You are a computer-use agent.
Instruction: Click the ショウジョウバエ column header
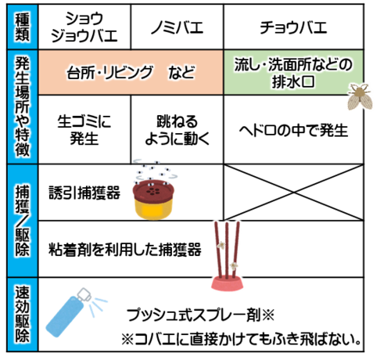tap(84, 27)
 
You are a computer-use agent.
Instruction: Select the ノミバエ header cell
tap(177, 27)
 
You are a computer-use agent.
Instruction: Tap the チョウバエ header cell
tap(293, 27)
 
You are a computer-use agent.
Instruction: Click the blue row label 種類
tap(23, 27)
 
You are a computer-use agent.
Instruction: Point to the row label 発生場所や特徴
tap(23, 107)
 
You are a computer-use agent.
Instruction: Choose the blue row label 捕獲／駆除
tap(23, 221)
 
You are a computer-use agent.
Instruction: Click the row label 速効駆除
tap(23, 315)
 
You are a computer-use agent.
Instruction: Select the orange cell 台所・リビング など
tap(131, 72)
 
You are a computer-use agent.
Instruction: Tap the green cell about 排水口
tap(293, 72)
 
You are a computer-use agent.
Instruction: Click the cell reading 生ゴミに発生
tap(84, 130)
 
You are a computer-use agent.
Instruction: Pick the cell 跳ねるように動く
tap(177, 130)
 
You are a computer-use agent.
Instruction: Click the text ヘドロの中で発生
tap(293, 130)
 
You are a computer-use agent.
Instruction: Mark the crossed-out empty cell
tap(293, 193)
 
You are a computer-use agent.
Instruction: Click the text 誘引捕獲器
tap(84, 193)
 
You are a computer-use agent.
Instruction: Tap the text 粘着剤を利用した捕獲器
tap(125, 250)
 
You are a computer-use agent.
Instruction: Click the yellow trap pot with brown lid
tap(153, 200)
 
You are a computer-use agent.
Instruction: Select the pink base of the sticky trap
tap(227, 283)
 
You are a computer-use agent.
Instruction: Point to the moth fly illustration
tap(360, 96)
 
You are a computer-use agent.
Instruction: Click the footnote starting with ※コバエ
tap(242, 339)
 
